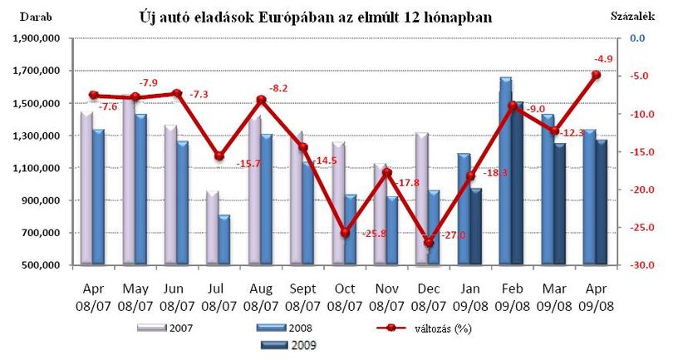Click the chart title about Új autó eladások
click(x=316, y=17)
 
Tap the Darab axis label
click(x=36, y=17)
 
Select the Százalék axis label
click(x=632, y=17)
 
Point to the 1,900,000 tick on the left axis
click(x=37, y=38)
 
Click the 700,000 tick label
click(x=42, y=233)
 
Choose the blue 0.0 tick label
click(x=638, y=38)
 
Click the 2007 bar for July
click(x=213, y=227)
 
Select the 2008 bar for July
click(x=224, y=239)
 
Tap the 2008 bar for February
click(x=506, y=170)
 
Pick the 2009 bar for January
click(x=475, y=225)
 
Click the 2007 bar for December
click(x=422, y=198)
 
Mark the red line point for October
click(x=345, y=233)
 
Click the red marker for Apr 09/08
click(x=597, y=75)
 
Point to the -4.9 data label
click(x=603, y=59)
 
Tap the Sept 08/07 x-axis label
click(x=302, y=298)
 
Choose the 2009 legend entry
click(x=288, y=345)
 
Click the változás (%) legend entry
click(x=424, y=328)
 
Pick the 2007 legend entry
click(x=165, y=328)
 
